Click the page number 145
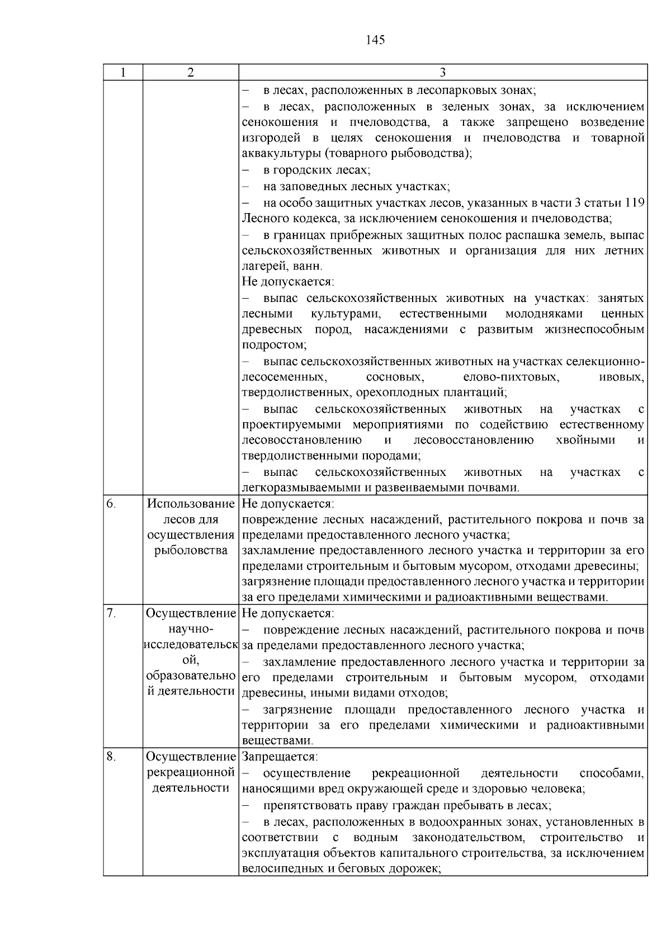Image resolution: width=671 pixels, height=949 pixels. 375,40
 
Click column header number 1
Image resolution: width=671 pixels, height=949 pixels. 123,73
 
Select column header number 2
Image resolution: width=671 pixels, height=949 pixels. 191,73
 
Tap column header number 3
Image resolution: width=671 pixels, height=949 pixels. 442,73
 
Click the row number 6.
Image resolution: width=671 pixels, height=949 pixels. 111,503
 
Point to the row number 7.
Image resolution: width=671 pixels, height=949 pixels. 111,613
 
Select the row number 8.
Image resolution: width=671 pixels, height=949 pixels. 111,757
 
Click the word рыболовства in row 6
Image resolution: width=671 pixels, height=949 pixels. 191,551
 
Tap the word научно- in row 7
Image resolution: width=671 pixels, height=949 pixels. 191,630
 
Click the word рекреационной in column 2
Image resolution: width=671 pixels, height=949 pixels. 191,773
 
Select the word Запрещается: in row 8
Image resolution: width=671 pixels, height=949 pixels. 280,757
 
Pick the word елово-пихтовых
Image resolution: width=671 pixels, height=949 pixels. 511,377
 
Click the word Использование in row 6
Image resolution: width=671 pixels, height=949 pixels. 191,503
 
